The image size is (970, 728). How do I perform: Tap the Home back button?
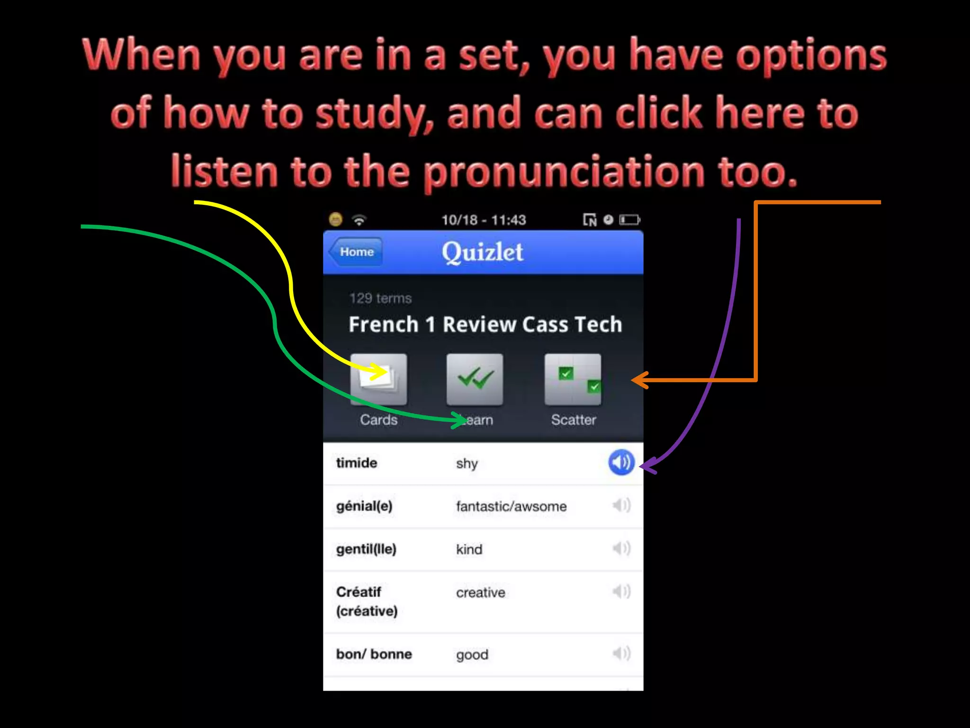point(356,252)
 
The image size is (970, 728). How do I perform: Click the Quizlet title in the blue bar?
point(482,252)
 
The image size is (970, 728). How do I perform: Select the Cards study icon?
point(378,379)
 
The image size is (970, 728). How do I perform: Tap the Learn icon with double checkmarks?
point(475,379)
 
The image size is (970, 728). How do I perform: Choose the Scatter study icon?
point(573,379)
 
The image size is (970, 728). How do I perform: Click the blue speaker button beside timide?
point(621,462)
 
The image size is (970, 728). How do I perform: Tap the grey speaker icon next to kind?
point(621,548)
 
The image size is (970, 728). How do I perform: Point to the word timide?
point(357,463)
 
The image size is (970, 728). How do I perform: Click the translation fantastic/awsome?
point(511,506)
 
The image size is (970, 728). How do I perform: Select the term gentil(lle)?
point(366,549)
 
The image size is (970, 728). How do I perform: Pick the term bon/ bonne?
point(374,654)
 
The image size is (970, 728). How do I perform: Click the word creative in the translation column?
point(480,592)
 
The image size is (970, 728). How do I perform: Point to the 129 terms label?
point(380,298)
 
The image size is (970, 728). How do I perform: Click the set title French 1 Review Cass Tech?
point(485,325)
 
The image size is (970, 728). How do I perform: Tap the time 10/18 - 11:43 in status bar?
point(484,220)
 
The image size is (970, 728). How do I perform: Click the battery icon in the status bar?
point(629,220)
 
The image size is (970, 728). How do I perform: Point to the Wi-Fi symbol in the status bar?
point(359,220)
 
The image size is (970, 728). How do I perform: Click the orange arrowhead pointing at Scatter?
point(639,380)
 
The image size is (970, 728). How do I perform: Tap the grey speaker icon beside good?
point(621,654)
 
